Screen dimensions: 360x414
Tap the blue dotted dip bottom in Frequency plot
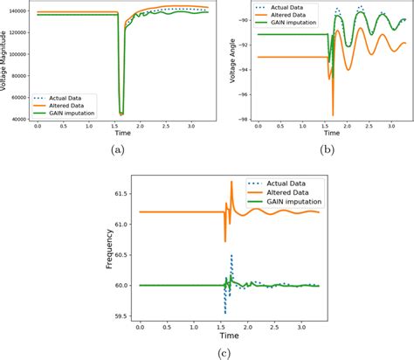tap(225, 313)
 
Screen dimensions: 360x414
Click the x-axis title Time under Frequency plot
tap(228, 335)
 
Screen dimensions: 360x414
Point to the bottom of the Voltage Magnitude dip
tap(121, 114)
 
